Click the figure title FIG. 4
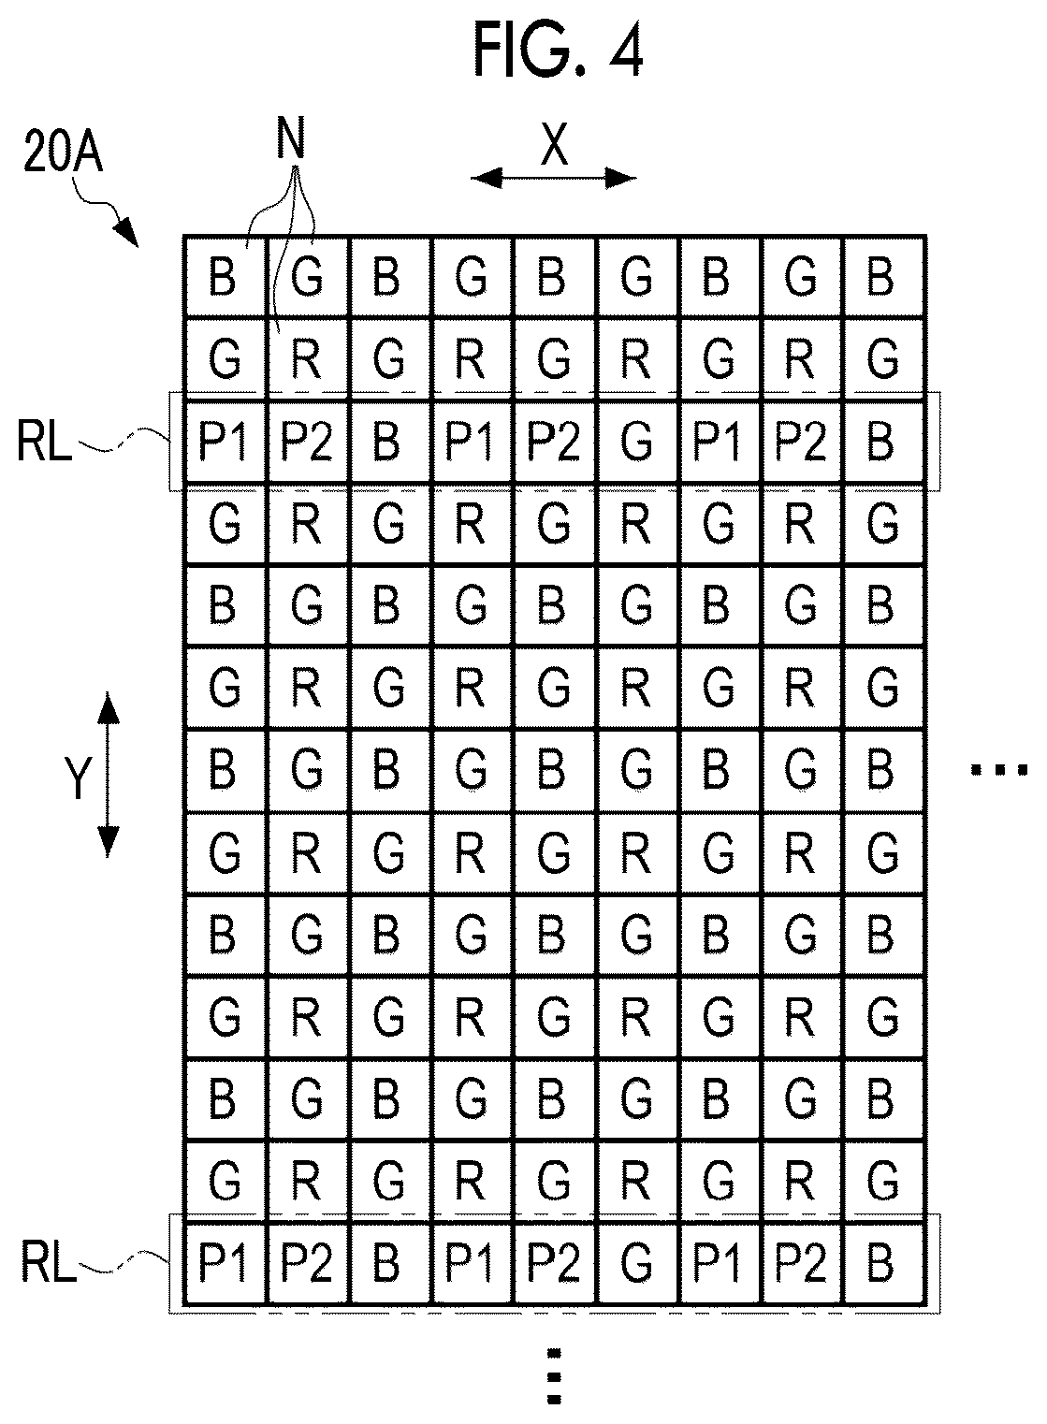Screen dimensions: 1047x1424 tap(559, 50)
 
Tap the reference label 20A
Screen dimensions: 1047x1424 tap(63, 153)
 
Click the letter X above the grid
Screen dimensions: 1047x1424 tap(554, 144)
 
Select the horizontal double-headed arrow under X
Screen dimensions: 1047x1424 tap(553, 179)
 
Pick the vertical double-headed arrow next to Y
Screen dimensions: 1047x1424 tap(109, 775)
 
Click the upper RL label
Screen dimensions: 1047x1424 tap(43, 443)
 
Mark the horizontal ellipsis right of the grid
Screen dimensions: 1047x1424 tap(998, 770)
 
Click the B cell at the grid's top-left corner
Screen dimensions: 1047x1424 tap(225, 277)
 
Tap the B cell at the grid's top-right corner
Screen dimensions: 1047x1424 tap(883, 277)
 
